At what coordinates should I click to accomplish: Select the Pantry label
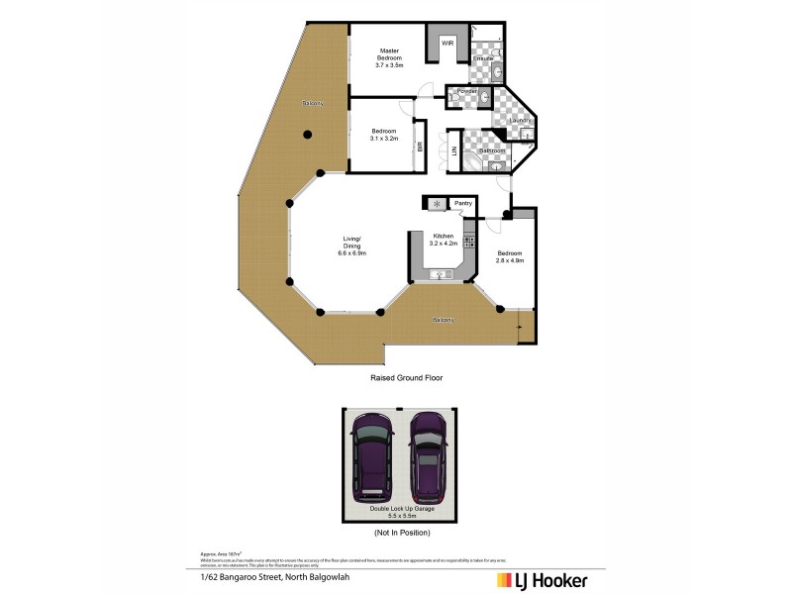pyautogui.click(x=460, y=204)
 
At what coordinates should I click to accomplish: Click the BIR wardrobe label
pyautogui.click(x=421, y=146)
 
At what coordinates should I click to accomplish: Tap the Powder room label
pyautogui.click(x=466, y=91)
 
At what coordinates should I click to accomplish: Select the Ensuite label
pyautogui.click(x=484, y=59)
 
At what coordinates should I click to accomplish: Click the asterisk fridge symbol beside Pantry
pyautogui.click(x=437, y=204)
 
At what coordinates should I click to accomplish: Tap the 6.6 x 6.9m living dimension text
pyautogui.click(x=352, y=253)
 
